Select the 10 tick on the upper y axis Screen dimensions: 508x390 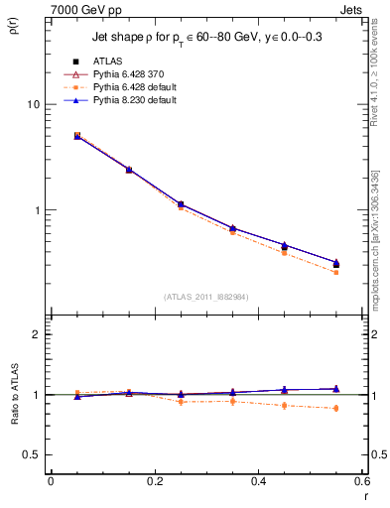pyautogui.click(x=33, y=104)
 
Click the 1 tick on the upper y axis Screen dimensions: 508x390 pyautogui.click(x=36, y=210)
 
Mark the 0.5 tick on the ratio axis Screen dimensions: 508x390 pyautogui.click(x=32, y=454)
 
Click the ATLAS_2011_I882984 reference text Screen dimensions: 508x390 pyautogui.click(x=205, y=296)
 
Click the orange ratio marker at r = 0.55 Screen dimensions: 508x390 pyautogui.click(x=336, y=408)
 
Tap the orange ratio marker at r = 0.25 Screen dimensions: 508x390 pyautogui.click(x=181, y=401)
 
